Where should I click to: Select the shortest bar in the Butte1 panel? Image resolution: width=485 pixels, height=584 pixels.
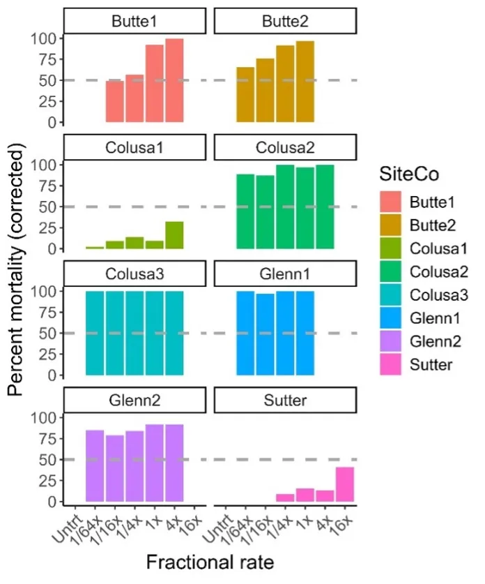point(114,101)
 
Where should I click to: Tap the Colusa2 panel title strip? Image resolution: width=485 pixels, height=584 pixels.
point(286,147)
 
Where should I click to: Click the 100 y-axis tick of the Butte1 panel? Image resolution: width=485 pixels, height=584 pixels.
point(45,38)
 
